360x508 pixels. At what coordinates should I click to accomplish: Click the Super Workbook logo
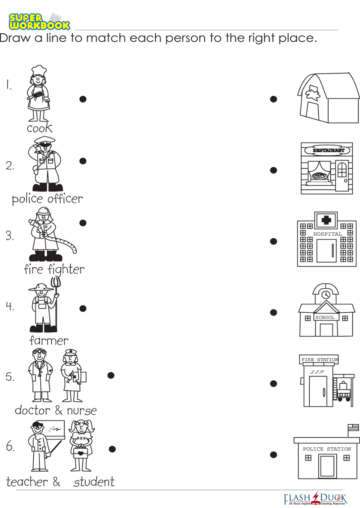click(x=39, y=21)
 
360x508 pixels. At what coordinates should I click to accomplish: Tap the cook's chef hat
click(x=39, y=70)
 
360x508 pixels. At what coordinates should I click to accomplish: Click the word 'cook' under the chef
click(x=39, y=128)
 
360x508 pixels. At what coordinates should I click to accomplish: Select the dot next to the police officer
click(x=83, y=161)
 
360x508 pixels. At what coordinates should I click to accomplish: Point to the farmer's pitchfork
click(x=56, y=304)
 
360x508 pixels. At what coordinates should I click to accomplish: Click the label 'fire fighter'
click(x=54, y=269)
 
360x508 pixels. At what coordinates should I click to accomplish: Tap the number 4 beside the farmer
click(x=10, y=306)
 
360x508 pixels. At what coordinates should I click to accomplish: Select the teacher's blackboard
click(x=53, y=430)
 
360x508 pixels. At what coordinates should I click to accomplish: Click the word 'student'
click(x=94, y=482)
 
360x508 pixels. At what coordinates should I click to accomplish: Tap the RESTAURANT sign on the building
click(x=327, y=150)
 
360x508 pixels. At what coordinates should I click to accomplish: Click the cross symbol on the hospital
click(x=326, y=220)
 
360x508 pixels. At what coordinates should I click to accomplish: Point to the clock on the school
click(x=326, y=295)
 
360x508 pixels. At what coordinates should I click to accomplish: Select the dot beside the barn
click(x=273, y=99)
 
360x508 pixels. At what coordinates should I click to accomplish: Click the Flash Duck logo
click(x=316, y=498)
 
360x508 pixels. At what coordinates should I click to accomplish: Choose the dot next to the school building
click(x=273, y=312)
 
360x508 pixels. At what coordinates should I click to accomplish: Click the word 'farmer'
click(x=49, y=341)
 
